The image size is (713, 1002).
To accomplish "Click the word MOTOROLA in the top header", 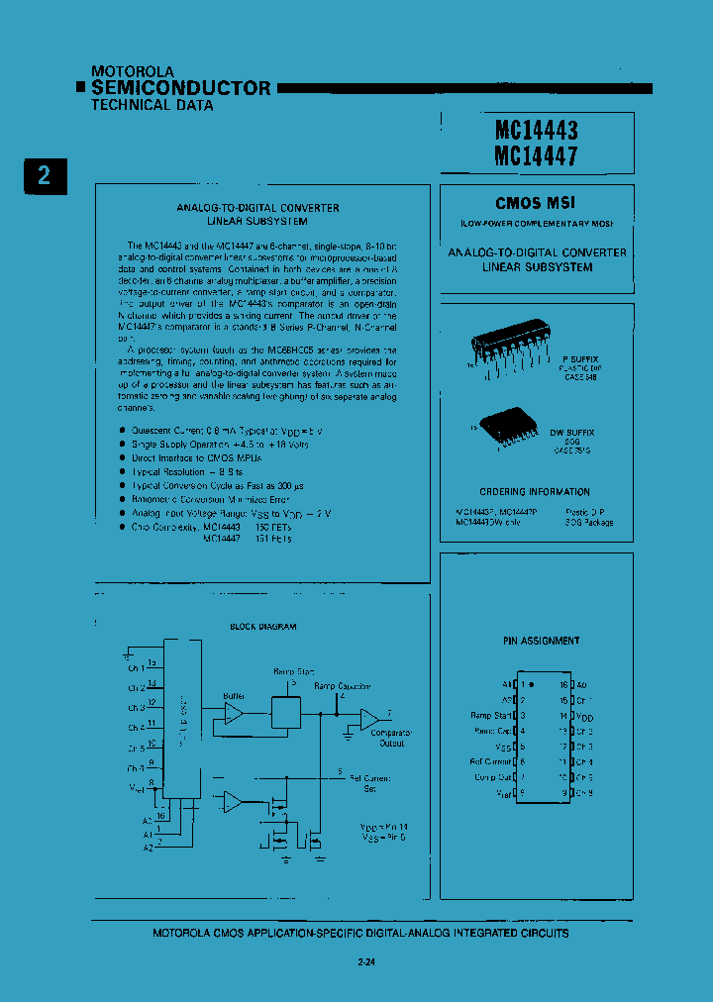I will point(133,71).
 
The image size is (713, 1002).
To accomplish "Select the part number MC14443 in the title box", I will point(535,130).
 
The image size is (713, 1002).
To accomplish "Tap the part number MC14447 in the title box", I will point(535,155).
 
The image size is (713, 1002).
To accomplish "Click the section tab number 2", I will point(44,176).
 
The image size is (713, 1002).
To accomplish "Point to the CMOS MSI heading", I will point(536,203).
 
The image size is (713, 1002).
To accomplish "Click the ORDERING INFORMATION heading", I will point(535,492).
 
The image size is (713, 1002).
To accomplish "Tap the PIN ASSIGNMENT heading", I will point(542,641).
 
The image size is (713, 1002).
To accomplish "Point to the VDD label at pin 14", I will point(583,716).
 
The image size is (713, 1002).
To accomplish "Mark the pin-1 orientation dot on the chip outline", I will point(532,684).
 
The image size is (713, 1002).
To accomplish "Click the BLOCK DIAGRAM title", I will point(263,627).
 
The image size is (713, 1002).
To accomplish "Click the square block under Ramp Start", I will point(286,710).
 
